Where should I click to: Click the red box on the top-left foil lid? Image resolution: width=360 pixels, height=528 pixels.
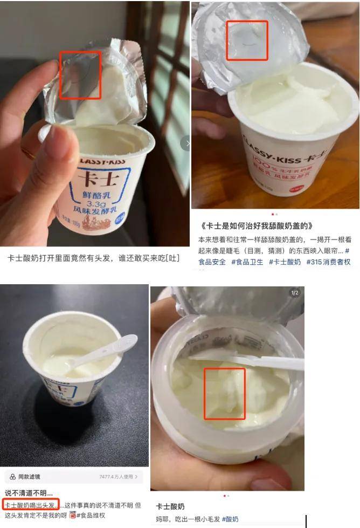click(80, 76)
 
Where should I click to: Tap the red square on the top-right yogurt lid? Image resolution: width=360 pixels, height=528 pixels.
click(247, 40)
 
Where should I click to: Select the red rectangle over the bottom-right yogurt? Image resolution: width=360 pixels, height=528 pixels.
click(225, 394)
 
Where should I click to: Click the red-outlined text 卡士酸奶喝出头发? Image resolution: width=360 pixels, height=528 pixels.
click(31, 505)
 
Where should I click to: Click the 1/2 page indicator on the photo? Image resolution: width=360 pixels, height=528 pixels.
click(295, 293)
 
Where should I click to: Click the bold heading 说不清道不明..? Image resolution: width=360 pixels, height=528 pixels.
click(29, 493)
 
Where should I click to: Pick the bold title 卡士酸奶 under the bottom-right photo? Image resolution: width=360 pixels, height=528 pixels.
click(170, 506)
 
